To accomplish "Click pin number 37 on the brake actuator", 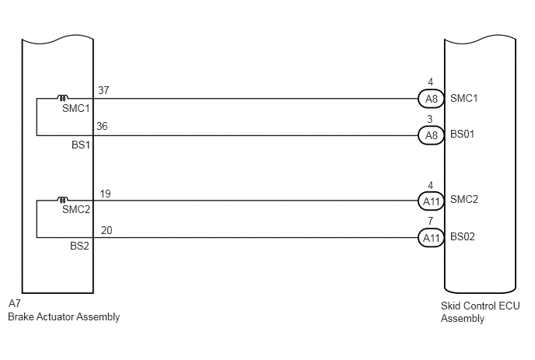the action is point(103,90).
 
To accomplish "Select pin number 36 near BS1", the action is point(102,126).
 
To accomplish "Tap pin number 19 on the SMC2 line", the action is point(105,194).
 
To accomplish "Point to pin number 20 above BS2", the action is point(107,230).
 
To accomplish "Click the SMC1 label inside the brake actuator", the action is point(75,109).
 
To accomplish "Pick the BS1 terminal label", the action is point(81,145).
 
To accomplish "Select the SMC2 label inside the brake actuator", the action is point(76,209).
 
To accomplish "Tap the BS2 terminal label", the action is point(79,246).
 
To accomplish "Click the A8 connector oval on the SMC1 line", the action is point(431,99).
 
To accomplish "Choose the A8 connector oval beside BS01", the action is point(431,135).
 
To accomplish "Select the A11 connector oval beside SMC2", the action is point(431,201).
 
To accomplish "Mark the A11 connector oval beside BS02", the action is point(431,238).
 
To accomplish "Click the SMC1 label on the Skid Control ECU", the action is point(464,98).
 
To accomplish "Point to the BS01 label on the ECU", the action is point(463,134).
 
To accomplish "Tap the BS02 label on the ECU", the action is point(463,236).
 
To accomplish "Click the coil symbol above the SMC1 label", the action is point(63,98).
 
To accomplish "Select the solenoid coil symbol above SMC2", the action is point(63,200).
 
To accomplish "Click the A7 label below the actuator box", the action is point(15,303).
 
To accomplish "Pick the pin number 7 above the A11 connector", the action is point(430,221).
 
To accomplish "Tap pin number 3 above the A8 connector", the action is point(430,119).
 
